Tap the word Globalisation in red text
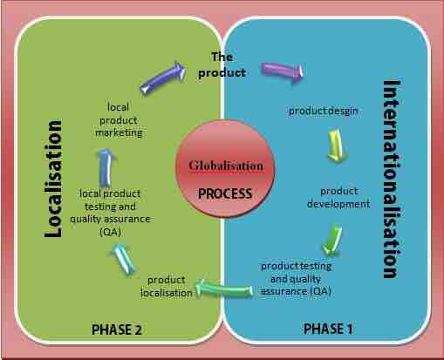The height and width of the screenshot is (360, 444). (x=225, y=165)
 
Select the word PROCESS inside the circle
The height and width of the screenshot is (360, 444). (x=224, y=193)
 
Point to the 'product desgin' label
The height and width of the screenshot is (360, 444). (x=324, y=111)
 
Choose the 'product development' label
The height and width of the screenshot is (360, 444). (x=338, y=197)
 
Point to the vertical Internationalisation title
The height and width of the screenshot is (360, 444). (x=393, y=180)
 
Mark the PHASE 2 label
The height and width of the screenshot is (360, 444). (x=117, y=329)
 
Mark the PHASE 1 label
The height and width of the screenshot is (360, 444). (x=329, y=329)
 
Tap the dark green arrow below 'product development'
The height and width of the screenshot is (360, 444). (x=330, y=238)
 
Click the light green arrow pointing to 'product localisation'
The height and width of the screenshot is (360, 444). (x=222, y=284)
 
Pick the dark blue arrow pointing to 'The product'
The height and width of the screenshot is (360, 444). (x=163, y=76)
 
